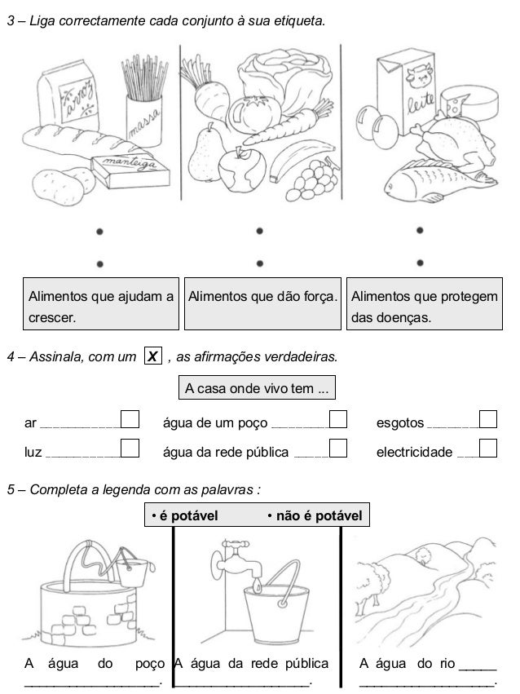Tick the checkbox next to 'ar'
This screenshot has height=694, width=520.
[130, 419]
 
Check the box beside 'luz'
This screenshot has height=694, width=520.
[130, 447]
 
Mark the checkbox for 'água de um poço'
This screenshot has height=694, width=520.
[339, 419]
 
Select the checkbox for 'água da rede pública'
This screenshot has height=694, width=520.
[339, 447]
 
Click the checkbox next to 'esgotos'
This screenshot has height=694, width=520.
[488, 419]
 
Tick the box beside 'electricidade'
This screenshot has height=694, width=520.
[488, 447]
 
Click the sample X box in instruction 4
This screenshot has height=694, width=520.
[152, 356]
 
